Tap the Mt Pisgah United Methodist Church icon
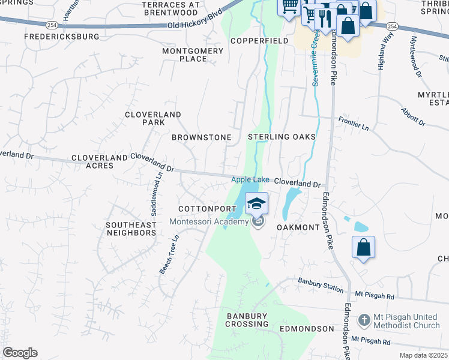coord(364,320)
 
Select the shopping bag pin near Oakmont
coord(364,247)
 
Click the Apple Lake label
coord(250,180)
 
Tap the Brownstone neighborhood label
coord(201,137)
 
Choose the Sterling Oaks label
coord(282,137)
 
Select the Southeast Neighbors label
coord(131,229)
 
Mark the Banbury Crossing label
coord(247,320)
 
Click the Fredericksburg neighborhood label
coord(61,37)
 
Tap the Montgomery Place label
coord(193,55)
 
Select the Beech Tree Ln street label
coord(169,254)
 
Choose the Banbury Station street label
coord(321,286)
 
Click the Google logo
coord(20,353)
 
